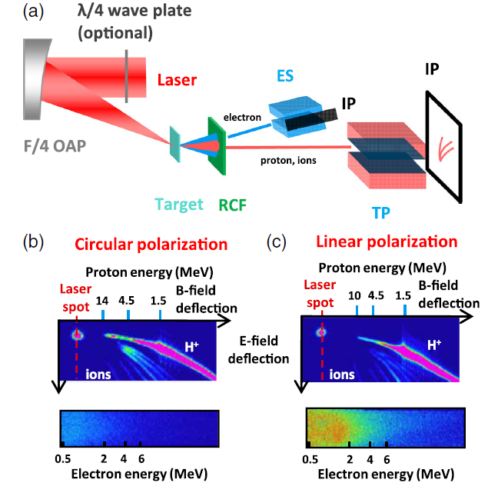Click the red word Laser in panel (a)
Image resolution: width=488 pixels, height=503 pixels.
click(x=178, y=79)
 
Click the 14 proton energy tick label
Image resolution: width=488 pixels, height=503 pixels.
click(x=104, y=300)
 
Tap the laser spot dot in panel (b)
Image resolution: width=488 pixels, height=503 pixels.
click(x=77, y=335)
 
